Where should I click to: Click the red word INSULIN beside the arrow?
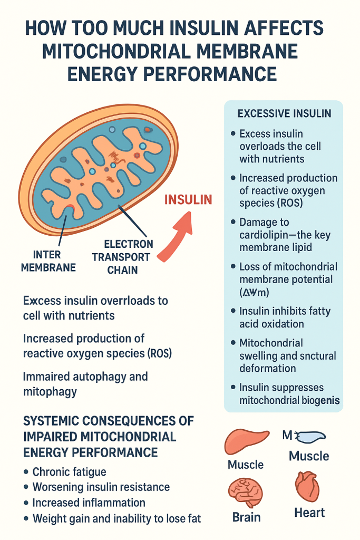[x=188, y=200]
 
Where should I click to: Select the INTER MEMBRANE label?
[x=48, y=261]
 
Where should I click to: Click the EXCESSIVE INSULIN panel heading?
[x=284, y=113]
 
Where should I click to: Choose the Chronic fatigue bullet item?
[x=69, y=472]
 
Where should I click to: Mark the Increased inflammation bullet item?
[x=89, y=503]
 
